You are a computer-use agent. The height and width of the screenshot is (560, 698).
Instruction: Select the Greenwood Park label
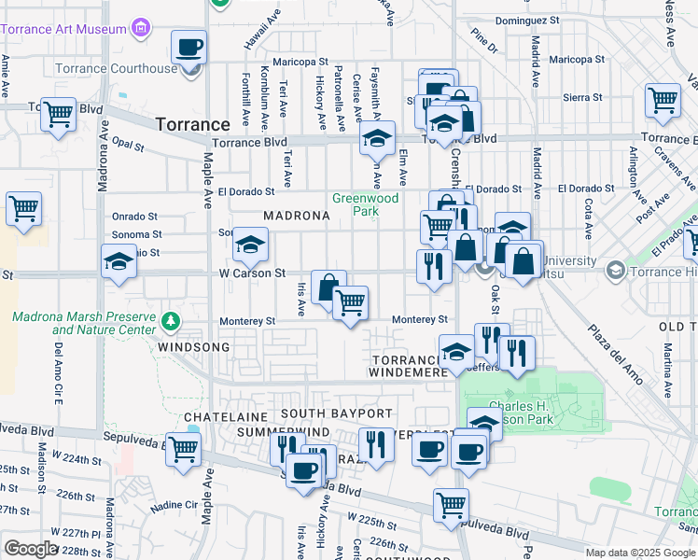tap(366, 204)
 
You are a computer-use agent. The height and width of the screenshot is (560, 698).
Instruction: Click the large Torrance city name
tap(192, 124)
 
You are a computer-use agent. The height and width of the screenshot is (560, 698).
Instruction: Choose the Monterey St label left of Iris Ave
tap(247, 321)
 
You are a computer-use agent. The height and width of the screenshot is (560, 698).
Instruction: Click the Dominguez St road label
tap(527, 19)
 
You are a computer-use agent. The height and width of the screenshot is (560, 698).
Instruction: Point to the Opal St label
tap(127, 146)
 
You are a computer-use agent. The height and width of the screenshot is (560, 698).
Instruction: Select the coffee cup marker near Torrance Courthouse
tap(189, 47)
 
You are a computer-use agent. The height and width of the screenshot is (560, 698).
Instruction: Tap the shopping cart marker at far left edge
tap(23, 209)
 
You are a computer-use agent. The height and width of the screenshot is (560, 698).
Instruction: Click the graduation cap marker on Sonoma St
tap(250, 245)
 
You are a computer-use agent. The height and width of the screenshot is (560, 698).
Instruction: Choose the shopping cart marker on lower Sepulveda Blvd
tap(451, 504)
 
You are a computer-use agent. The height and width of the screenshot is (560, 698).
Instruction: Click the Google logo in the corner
tap(30, 549)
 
